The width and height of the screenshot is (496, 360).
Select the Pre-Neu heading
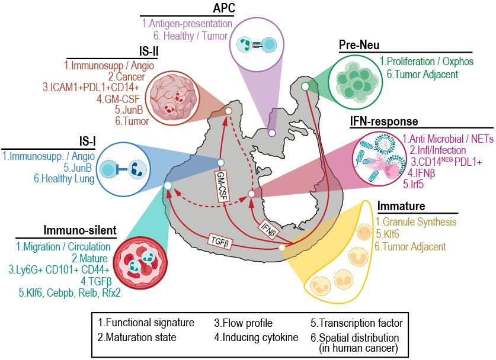360,45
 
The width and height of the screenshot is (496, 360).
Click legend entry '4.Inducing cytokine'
256,338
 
